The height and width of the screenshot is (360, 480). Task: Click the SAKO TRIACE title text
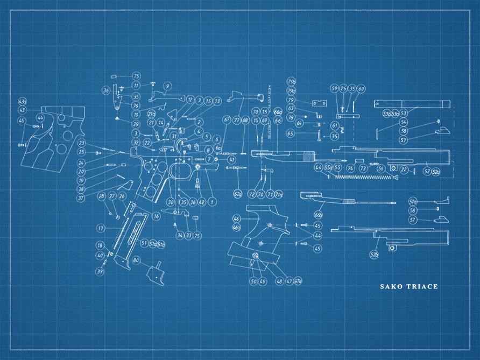coord(409,286)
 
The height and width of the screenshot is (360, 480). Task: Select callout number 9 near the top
coord(167,86)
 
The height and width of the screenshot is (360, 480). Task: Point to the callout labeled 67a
coord(237,193)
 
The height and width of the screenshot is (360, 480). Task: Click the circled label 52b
coord(375,253)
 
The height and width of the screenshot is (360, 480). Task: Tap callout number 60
coord(361,89)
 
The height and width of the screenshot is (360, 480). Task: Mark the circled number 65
coord(291,133)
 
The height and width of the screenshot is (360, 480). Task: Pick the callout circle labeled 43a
coord(23,101)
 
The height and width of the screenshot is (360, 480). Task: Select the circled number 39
coord(100,271)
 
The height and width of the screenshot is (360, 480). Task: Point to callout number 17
coord(100,228)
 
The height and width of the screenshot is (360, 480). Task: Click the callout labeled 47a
coord(298,281)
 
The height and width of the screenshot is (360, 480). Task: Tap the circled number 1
coord(212,202)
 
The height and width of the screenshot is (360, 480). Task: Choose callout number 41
coord(231,160)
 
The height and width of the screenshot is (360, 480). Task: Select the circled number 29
coord(136,124)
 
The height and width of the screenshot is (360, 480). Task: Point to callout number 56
coord(380,168)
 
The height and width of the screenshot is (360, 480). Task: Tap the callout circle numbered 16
coord(156,216)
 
